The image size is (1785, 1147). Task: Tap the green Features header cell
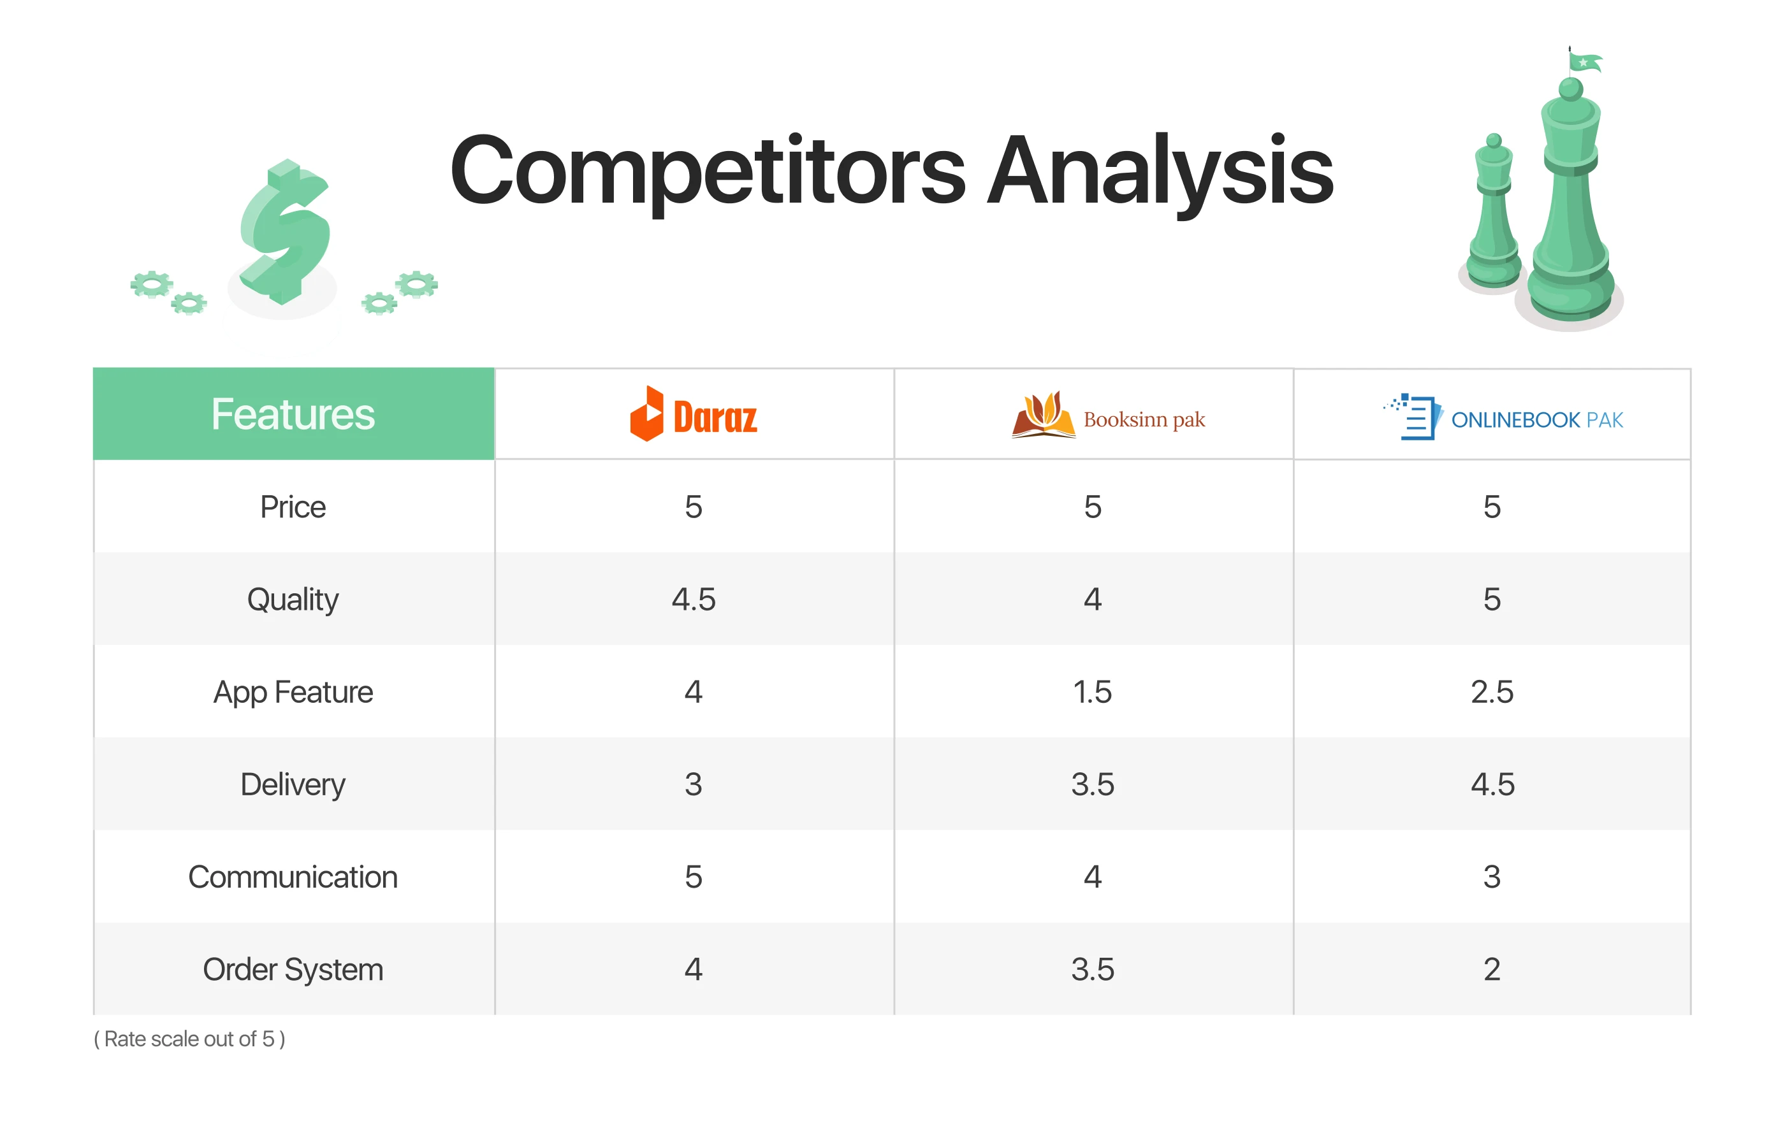[293, 414]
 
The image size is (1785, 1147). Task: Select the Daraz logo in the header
[694, 414]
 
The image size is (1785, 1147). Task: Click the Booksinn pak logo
[1108, 415]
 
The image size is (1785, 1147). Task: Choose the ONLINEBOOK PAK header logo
[1503, 417]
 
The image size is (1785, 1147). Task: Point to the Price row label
[293, 507]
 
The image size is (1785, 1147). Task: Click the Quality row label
[293, 600]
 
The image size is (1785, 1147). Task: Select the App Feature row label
[293, 693]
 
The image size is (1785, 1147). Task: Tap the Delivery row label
[293, 785]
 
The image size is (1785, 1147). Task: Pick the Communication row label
[293, 877]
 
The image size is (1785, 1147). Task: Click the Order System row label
[293, 970]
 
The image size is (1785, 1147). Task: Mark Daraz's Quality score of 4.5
[694, 600]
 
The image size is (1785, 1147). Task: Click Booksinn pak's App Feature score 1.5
[1092, 692]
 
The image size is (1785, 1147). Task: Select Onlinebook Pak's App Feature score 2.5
[1492, 692]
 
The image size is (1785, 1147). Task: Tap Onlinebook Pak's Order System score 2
[1492, 969]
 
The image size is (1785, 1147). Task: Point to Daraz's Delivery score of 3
[694, 784]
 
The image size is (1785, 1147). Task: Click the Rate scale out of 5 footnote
[189, 1039]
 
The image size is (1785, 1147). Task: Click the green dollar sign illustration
[284, 232]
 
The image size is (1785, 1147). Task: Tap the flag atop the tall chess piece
[1585, 61]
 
